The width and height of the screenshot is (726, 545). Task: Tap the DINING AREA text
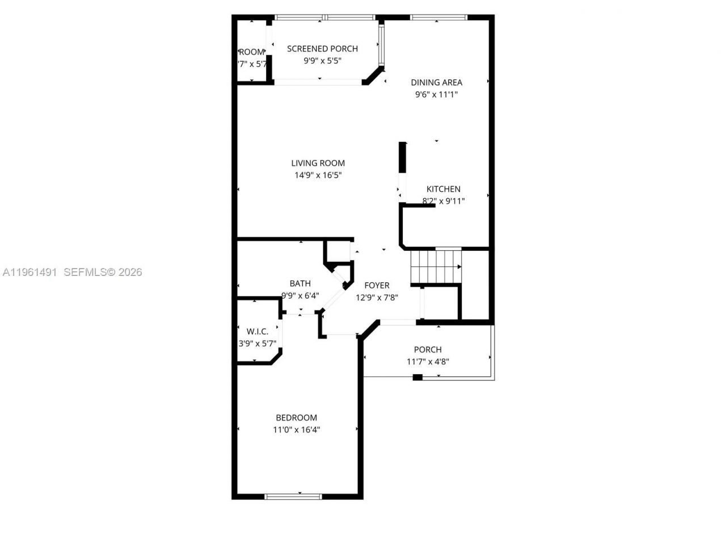pos(436,82)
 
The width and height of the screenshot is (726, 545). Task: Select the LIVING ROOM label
pos(318,163)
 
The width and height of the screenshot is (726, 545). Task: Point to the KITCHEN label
pos(443,189)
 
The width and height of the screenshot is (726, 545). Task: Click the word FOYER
pos(377,286)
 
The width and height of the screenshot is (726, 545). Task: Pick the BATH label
pos(300,283)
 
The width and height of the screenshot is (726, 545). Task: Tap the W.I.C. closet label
pos(257,332)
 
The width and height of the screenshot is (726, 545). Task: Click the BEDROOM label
pos(296,418)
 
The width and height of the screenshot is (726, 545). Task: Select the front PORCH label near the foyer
pos(427,350)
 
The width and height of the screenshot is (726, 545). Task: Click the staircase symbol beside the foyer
pos(436,266)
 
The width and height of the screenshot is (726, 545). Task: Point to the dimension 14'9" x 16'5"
pos(318,175)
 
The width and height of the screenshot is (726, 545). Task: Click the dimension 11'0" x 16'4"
pos(296,430)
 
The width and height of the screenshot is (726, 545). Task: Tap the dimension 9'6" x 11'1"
pos(436,95)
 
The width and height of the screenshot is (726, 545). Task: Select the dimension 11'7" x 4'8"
pos(428,362)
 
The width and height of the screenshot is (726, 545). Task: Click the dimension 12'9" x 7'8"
pos(377,297)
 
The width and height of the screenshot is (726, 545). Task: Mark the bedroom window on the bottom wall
pos(293,496)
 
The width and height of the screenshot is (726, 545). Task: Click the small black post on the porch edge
pos(417,377)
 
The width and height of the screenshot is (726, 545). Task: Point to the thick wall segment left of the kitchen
pos(402,157)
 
